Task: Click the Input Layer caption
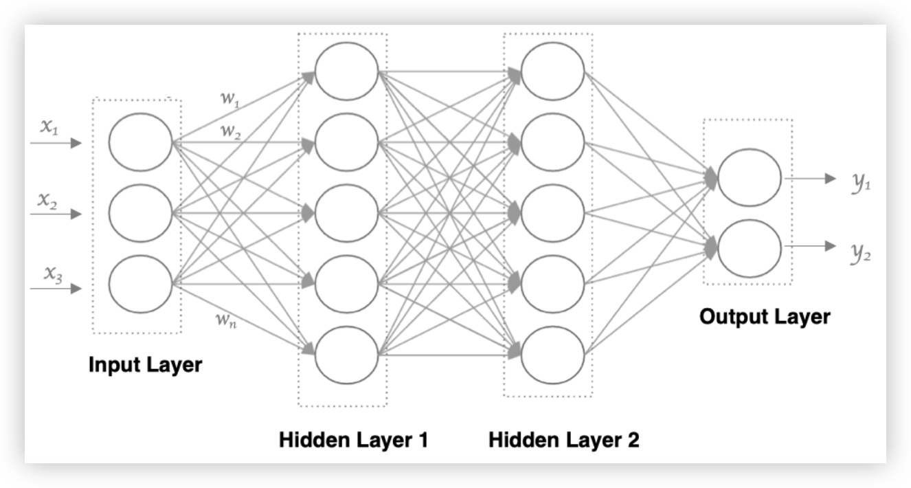click(x=145, y=364)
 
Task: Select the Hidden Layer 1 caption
click(x=353, y=440)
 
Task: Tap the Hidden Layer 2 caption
click(x=563, y=440)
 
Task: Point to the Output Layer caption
click(x=765, y=317)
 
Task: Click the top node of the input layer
click(x=140, y=142)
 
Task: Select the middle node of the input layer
click(x=140, y=214)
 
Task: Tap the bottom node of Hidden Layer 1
click(x=346, y=355)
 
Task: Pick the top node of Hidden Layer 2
click(x=552, y=71)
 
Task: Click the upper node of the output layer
click(x=750, y=177)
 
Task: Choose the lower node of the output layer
click(x=750, y=247)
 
